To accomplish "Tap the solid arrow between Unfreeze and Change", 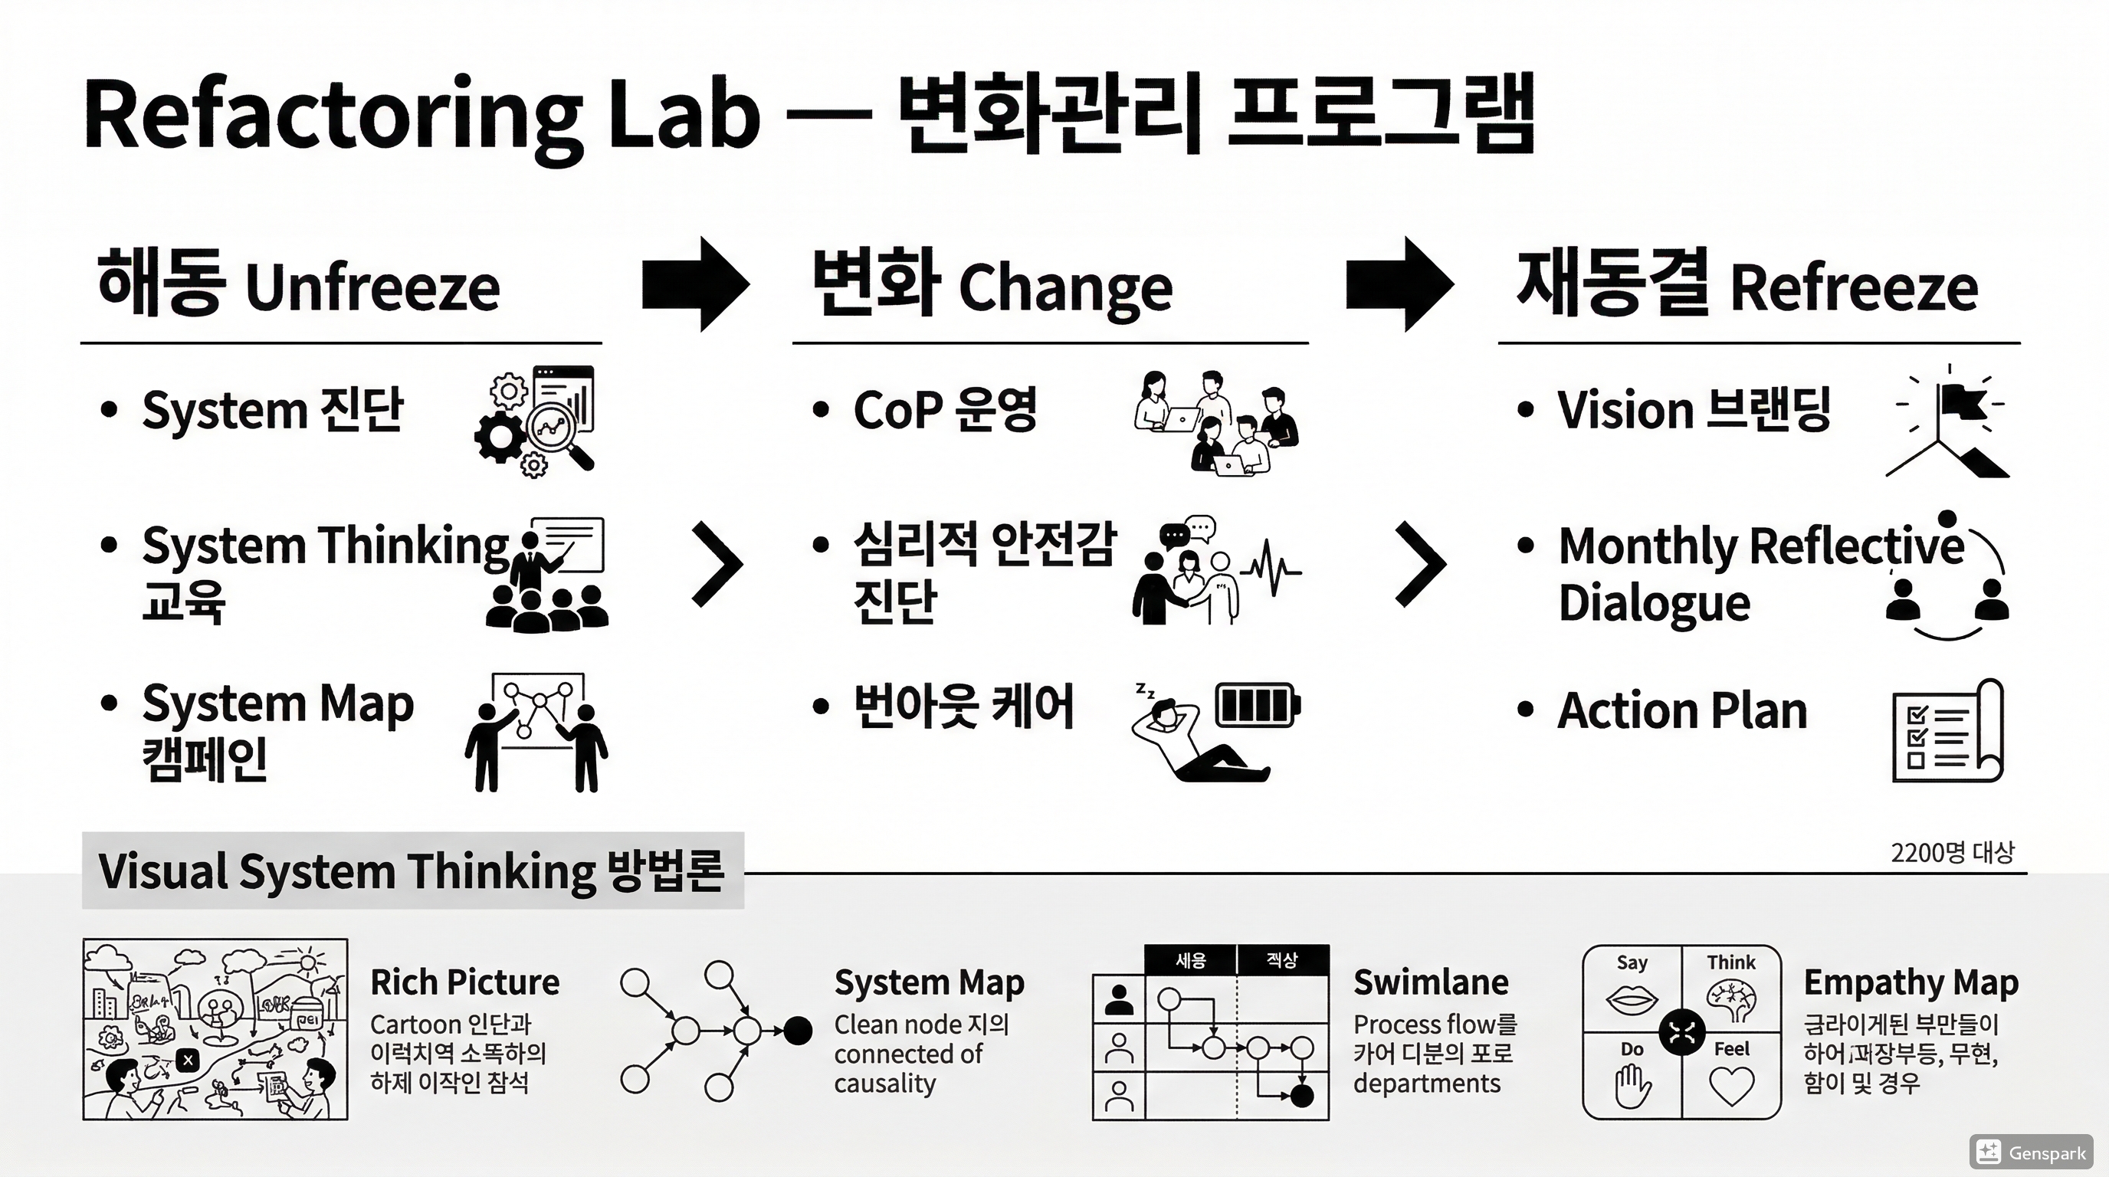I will click(695, 284).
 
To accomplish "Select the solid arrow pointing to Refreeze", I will click(1399, 284).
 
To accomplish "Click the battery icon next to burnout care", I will click(1258, 705).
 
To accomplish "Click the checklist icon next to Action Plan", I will click(1947, 731).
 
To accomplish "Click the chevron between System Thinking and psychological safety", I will click(717, 564).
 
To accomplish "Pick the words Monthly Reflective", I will click(1760, 546).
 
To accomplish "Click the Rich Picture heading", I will click(464, 982).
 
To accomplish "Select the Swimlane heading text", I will click(1430, 982).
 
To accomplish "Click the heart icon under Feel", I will click(1732, 1086).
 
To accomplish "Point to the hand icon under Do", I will click(1632, 1086).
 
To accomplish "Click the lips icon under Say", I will click(1631, 999).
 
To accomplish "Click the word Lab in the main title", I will click(684, 115).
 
